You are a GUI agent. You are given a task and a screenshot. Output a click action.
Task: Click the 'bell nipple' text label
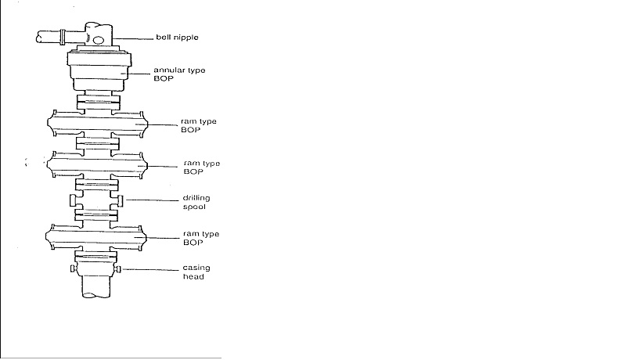tap(182, 37)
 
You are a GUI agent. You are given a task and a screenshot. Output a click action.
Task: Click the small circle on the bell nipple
tap(99, 40)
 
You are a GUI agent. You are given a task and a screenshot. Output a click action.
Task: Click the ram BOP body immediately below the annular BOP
tap(97, 124)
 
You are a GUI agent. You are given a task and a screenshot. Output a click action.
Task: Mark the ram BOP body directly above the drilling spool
tap(97, 166)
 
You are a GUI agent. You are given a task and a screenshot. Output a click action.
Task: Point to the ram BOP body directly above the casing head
tap(97, 236)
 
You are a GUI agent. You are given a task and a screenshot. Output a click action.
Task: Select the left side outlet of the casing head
tap(72, 270)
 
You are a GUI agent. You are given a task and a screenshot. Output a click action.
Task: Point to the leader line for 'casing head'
tap(145, 270)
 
